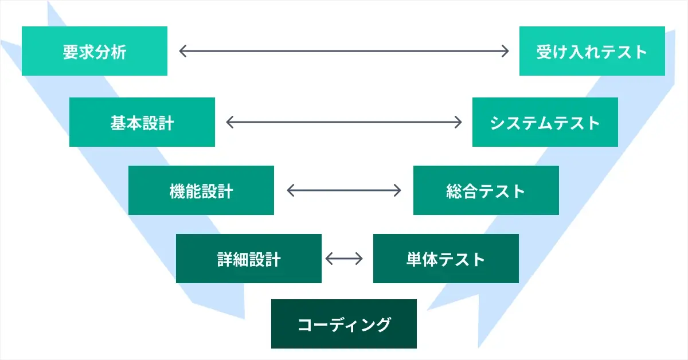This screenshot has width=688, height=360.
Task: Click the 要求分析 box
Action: pos(95,51)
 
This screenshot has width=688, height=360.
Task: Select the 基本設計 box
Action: pos(142,122)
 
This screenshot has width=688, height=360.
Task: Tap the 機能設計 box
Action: pos(201,190)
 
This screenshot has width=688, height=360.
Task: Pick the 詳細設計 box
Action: pos(249,259)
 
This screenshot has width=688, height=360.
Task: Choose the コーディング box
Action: pos(344,324)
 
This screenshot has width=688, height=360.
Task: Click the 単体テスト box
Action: pos(446,259)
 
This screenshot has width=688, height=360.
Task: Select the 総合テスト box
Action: pos(486,190)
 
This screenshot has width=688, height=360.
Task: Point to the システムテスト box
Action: pos(545,122)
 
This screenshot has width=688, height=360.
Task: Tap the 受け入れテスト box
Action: pos(592,51)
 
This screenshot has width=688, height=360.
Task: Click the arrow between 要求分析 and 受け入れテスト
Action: pos(344,51)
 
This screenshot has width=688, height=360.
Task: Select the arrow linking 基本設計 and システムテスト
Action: pos(344,122)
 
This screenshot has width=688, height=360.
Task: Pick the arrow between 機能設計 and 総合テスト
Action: pos(344,190)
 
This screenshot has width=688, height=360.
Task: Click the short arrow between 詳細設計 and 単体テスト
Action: pos(344,259)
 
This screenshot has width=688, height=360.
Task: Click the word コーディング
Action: pos(344,324)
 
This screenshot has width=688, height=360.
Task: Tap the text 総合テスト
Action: pos(486,191)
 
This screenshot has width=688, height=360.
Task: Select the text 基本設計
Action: pos(142,123)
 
